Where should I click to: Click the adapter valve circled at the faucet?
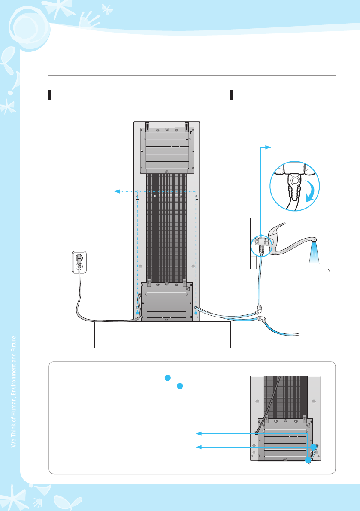pyautogui.click(x=260, y=243)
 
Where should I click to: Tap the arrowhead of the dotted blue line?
pyautogui.click(x=115, y=191)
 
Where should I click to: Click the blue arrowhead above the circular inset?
pyautogui.click(x=269, y=147)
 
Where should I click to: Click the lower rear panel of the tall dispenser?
pyautogui.click(x=166, y=301)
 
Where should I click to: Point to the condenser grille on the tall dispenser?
pyautogui.click(x=166, y=227)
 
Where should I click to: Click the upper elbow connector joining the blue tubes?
pyautogui.click(x=258, y=308)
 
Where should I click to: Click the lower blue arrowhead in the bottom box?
pyautogui.click(x=199, y=448)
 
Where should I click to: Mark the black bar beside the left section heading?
pyautogui.click(x=50, y=95)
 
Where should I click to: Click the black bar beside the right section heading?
pyautogui.click(x=231, y=95)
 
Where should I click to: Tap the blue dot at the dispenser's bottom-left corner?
pyautogui.click(x=138, y=314)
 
